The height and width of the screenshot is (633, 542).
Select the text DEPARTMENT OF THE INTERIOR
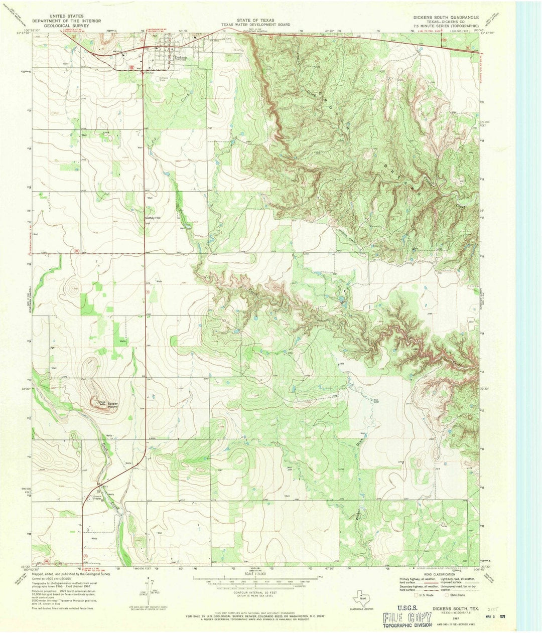[67, 21]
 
